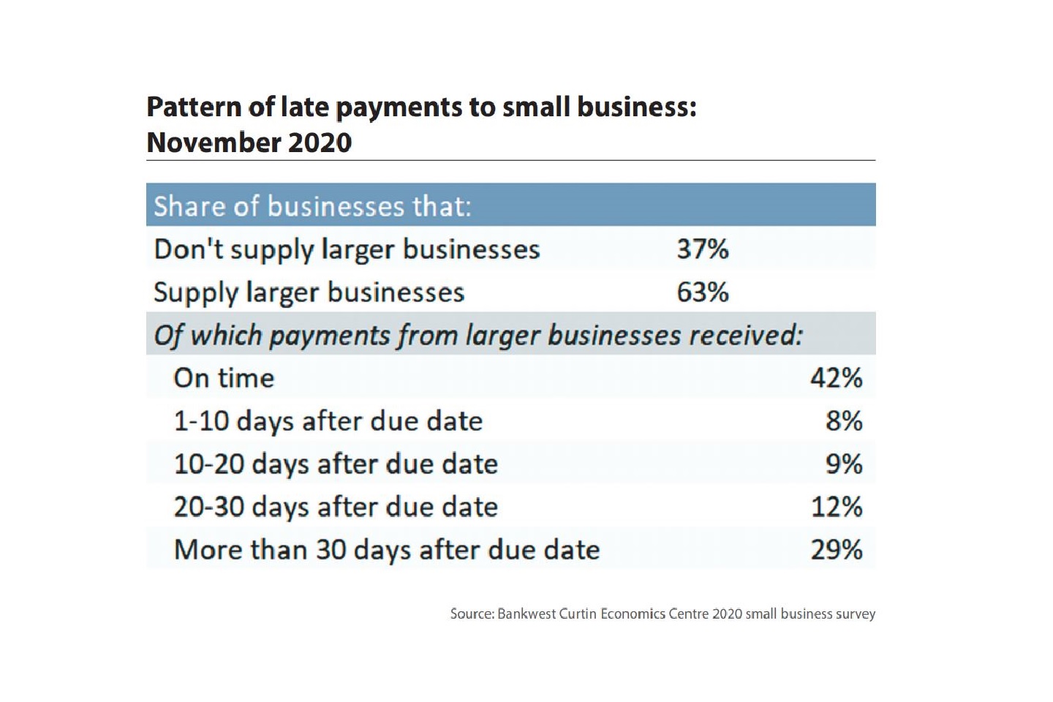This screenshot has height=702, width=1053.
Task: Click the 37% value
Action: click(702, 249)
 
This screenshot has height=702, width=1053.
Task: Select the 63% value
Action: click(702, 292)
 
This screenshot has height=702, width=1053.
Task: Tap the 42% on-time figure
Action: click(836, 378)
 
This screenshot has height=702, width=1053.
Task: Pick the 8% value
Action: click(844, 421)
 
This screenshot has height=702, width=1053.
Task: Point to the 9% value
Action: click(844, 464)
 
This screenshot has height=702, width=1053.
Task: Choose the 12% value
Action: click(836, 507)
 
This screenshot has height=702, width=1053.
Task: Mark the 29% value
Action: click(836, 550)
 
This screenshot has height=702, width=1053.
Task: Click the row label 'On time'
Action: click(224, 378)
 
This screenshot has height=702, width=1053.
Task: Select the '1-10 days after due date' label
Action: click(328, 421)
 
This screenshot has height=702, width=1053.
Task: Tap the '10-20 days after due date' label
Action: click(336, 464)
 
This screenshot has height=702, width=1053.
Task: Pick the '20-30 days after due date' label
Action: click(336, 507)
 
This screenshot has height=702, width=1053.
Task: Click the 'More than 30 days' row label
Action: click(387, 550)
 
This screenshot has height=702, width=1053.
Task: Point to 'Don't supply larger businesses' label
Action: click(347, 249)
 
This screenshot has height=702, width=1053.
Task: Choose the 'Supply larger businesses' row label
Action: click(309, 292)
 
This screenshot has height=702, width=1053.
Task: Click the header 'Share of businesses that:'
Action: click(312, 206)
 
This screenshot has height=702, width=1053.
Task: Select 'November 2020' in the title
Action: click(249, 142)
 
